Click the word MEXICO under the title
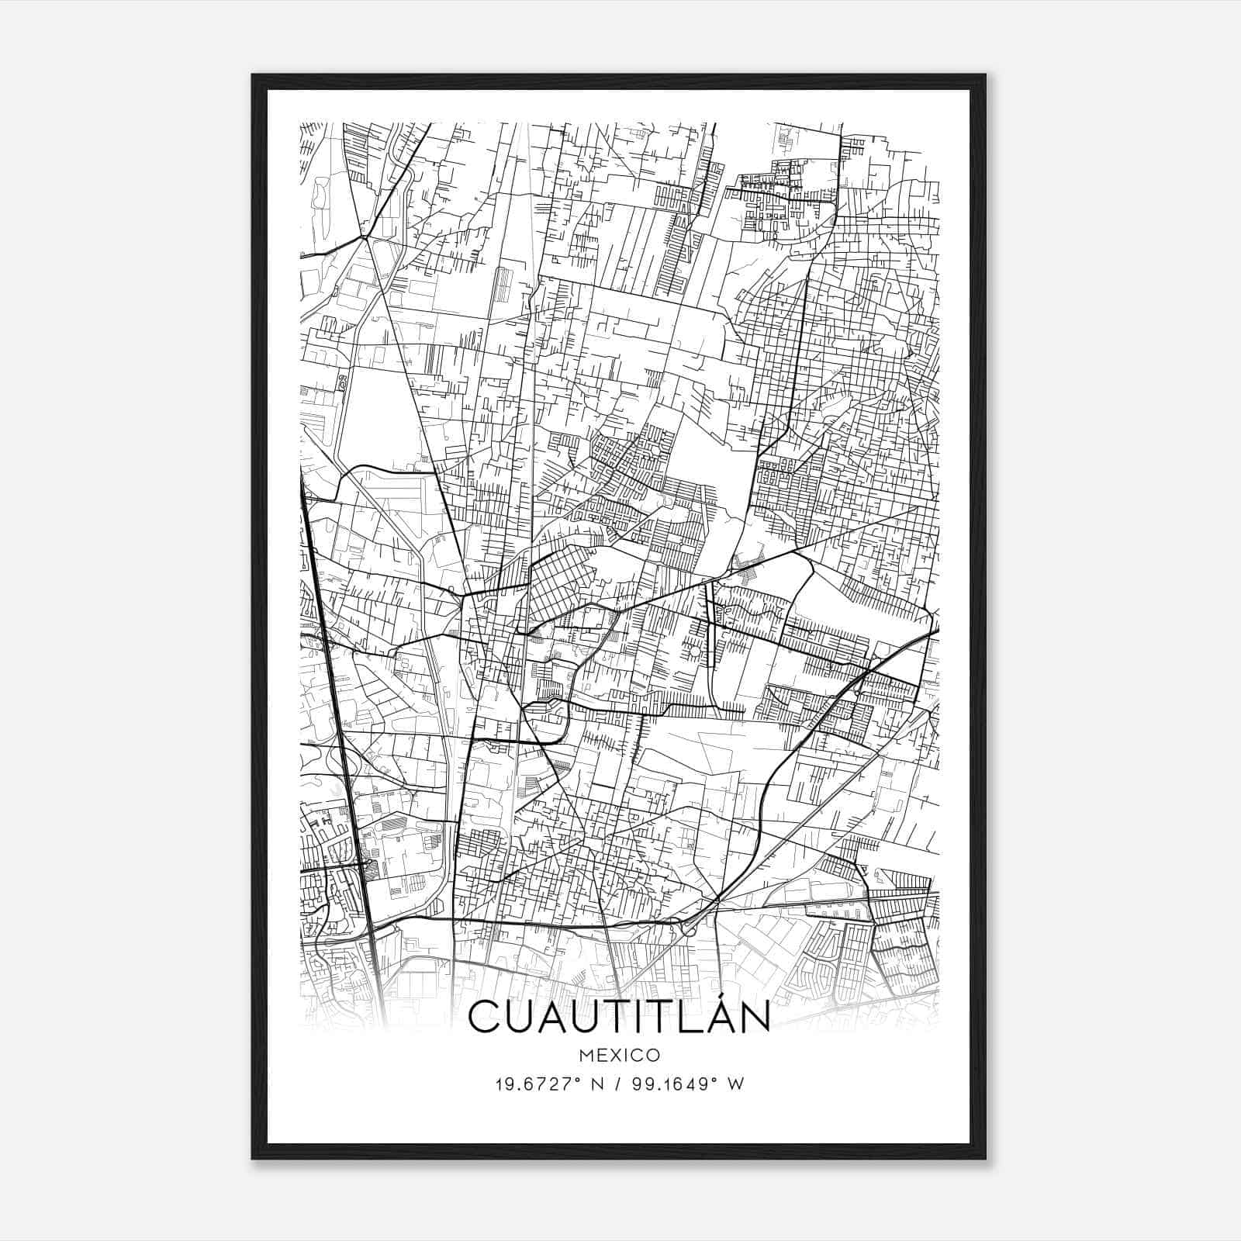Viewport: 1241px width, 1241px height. click(619, 1055)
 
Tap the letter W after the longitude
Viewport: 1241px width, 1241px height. click(735, 1084)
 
